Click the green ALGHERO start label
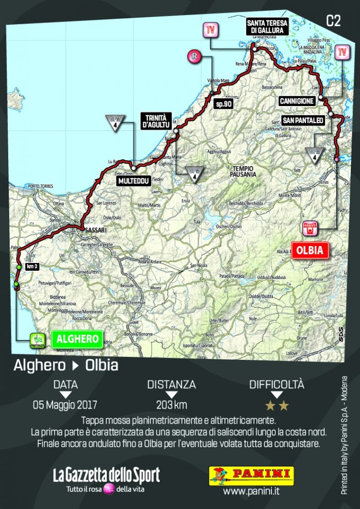pos(77,339)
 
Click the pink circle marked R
pos(194,56)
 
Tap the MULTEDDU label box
pos(133,181)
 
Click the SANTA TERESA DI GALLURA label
pos(267,27)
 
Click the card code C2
pos(333,21)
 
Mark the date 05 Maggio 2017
pos(65,405)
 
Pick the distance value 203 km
pos(172,405)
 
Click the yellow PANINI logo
pos(251,475)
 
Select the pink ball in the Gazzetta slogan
pos(109,489)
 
